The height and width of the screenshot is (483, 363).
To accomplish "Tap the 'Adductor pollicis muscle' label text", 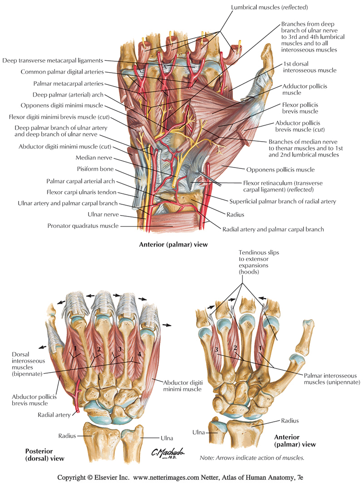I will coord(298,89).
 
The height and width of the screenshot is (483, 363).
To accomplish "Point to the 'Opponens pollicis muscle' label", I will coord(280,169).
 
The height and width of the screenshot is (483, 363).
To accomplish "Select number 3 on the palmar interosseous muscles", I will coord(217,350).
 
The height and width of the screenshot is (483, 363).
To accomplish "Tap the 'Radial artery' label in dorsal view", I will coord(54,414).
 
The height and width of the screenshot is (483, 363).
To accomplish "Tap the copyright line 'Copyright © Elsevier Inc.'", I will coord(93,478).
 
